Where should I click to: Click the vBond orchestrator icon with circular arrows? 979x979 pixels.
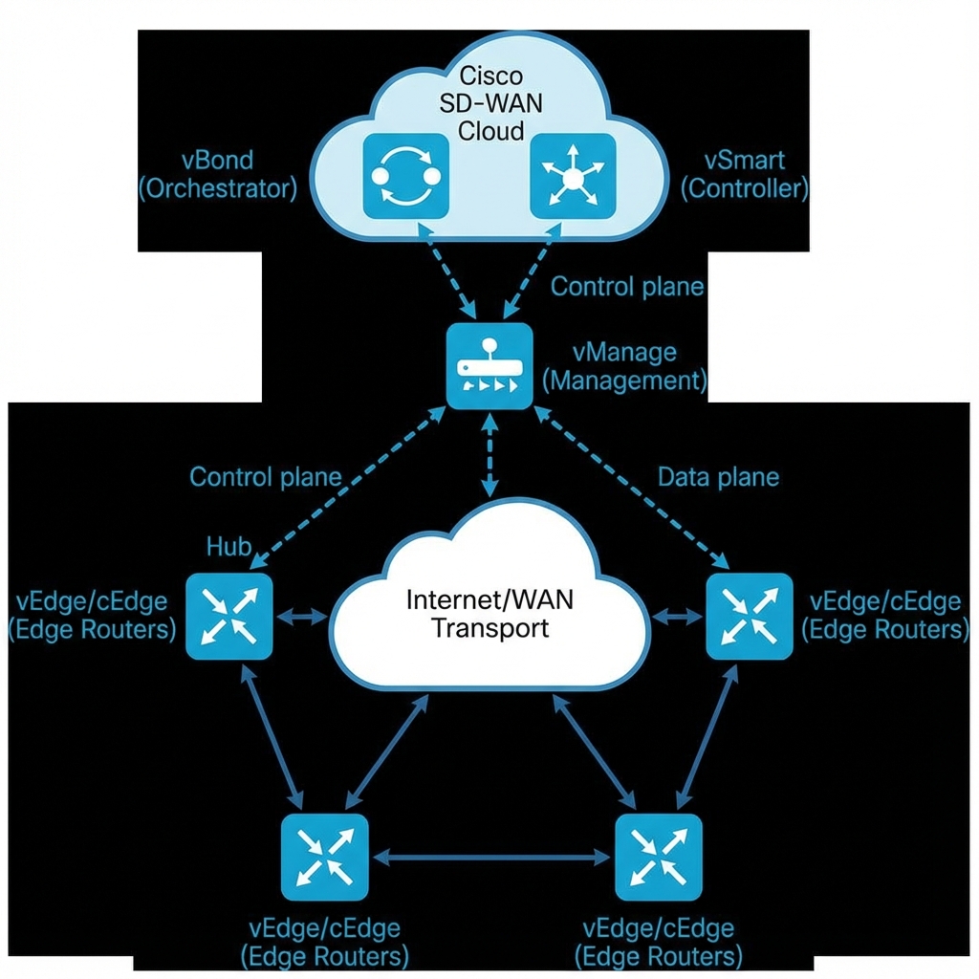click(405, 176)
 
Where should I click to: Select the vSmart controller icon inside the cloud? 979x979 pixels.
click(572, 176)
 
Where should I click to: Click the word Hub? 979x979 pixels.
click(229, 547)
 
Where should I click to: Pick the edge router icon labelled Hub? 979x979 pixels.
click(229, 617)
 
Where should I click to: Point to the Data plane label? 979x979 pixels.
click(718, 477)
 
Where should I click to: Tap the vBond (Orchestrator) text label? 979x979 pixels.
click(218, 174)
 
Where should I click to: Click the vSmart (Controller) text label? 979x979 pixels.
click(744, 174)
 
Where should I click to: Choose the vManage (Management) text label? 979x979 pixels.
click(624, 367)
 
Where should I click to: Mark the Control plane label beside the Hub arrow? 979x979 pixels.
click(265, 477)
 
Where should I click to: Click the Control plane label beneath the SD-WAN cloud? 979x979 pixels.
click(627, 286)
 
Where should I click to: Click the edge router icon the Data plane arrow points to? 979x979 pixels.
click(749, 617)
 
